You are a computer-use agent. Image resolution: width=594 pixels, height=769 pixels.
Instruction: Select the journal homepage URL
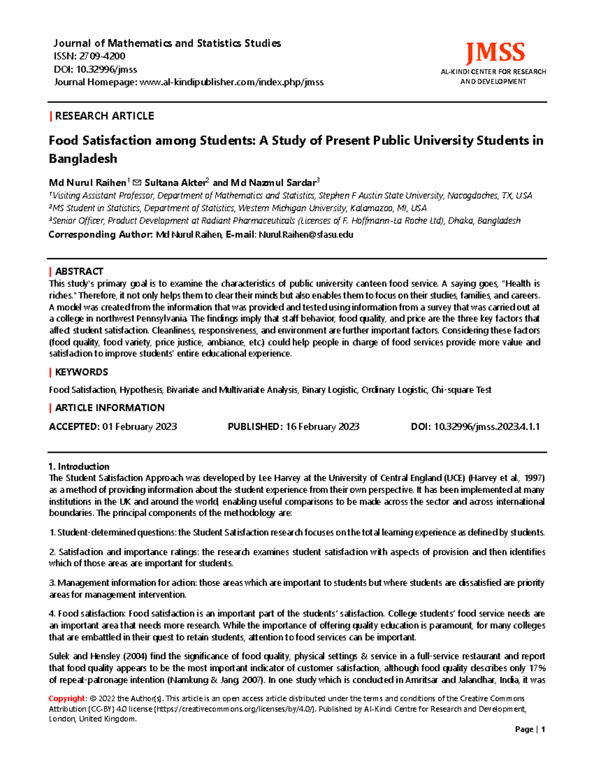tap(232, 82)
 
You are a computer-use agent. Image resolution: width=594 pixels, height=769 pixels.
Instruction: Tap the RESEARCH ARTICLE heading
tap(104, 116)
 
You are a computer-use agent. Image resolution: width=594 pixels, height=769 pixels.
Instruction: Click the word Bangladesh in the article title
tap(83, 159)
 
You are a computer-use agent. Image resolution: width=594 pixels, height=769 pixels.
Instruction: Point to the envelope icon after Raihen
tap(138, 183)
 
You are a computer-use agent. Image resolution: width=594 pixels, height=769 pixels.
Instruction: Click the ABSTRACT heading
tap(79, 271)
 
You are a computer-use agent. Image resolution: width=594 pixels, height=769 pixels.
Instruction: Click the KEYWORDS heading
tap(81, 372)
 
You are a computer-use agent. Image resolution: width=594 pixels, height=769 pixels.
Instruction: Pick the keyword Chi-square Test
tap(461, 390)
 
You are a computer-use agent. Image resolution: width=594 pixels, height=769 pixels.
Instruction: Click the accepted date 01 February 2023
tap(140, 427)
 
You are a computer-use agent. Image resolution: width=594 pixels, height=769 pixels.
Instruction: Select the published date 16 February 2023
tap(322, 427)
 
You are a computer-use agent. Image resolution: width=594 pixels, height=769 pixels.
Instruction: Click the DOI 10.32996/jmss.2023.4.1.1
tap(487, 427)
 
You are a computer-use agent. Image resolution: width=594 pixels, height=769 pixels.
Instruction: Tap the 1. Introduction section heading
tap(79, 466)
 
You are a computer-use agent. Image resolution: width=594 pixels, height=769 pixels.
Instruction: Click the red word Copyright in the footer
tap(67, 699)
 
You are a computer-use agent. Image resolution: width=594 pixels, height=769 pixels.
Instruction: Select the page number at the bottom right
tap(543, 729)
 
